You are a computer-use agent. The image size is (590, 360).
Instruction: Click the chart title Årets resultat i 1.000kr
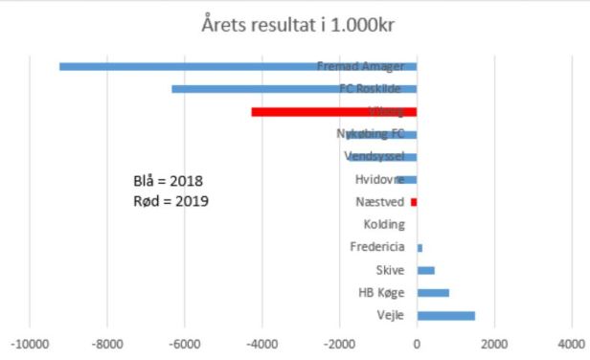[295, 26]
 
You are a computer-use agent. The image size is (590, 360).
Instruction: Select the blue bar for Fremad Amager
[192, 66]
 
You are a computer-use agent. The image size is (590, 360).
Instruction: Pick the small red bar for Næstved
[414, 202]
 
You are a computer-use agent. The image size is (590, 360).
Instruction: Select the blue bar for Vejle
[445, 316]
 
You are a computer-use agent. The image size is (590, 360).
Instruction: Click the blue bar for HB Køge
[433, 293]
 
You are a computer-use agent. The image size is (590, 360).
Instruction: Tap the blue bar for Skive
[425, 270]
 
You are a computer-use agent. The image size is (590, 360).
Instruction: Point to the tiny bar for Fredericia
[420, 248]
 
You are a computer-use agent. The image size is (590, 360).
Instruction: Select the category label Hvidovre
[379, 179]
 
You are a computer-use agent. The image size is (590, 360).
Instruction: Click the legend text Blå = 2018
[168, 181]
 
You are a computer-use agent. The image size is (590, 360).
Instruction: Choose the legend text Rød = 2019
[170, 201]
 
